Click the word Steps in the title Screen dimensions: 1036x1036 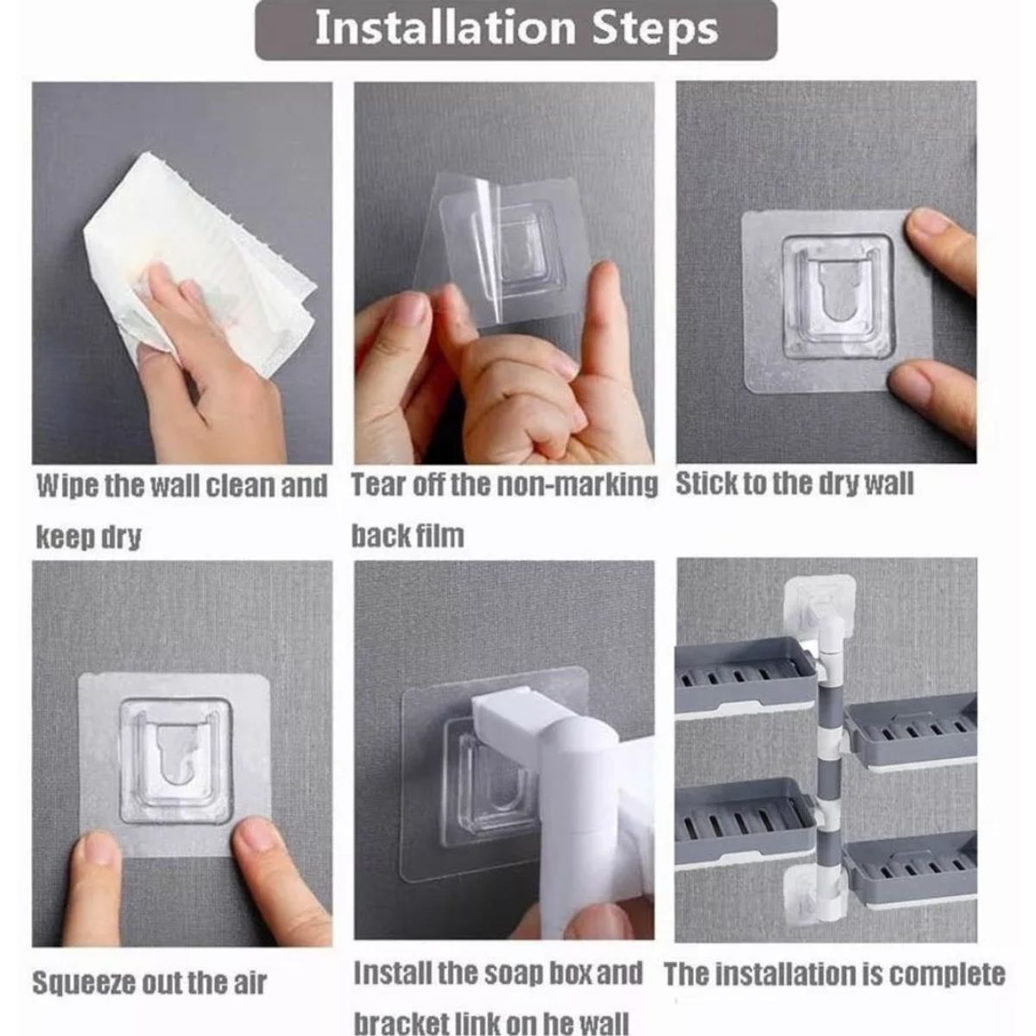(654, 31)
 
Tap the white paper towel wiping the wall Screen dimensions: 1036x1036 (199, 258)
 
